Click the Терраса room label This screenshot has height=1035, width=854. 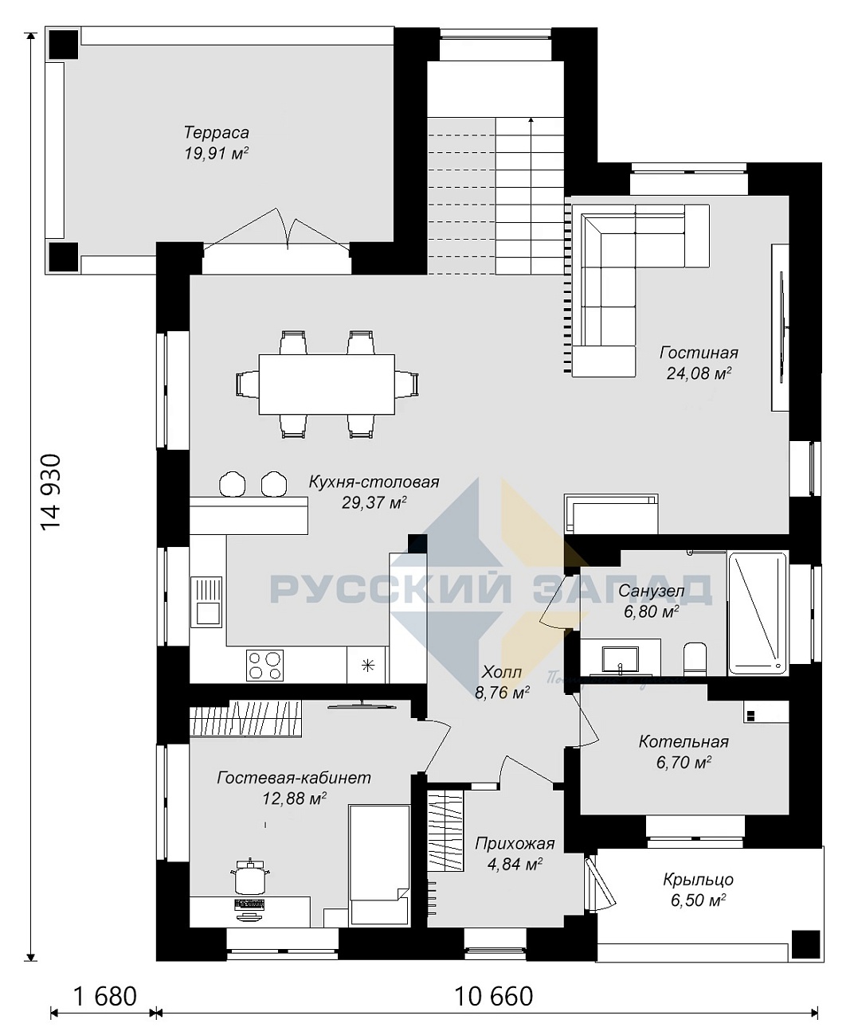coord(216,133)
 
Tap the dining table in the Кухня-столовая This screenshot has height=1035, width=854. coord(327,385)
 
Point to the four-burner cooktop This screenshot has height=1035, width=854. coord(264,666)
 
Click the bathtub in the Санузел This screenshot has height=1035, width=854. coord(758,613)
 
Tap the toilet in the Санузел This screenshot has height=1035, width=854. coord(695,659)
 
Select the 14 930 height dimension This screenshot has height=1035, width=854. coord(51,492)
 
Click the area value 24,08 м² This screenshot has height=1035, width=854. coord(699,373)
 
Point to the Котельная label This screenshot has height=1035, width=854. coord(684,741)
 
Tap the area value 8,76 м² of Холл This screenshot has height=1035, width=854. coord(502,693)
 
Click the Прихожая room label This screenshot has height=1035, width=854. coord(515,843)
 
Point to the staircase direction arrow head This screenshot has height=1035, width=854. coord(531,120)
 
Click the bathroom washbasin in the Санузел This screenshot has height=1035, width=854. coord(620,658)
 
